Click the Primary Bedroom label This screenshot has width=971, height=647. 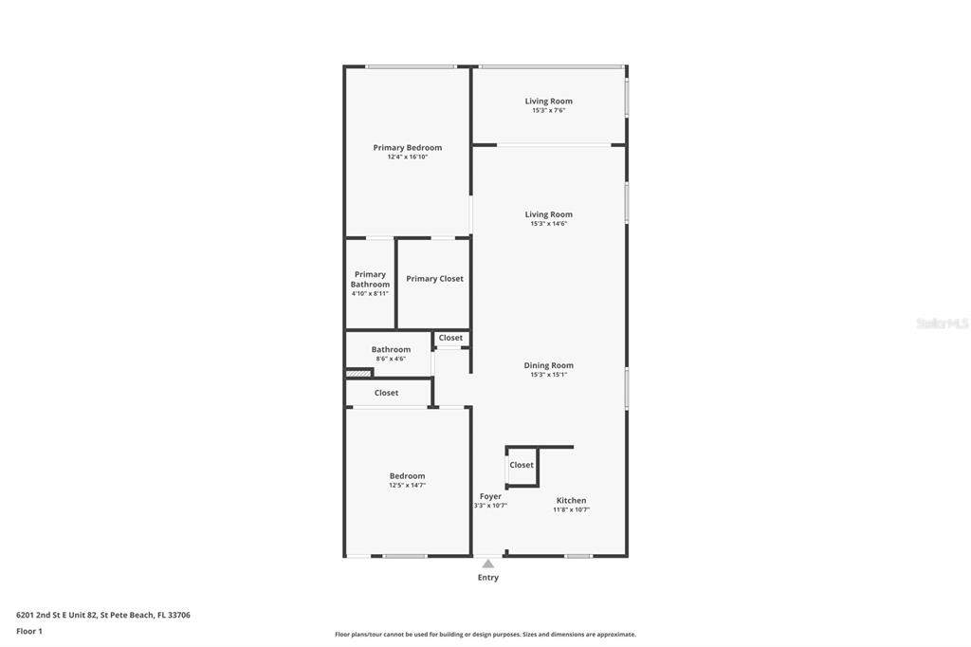click(x=408, y=147)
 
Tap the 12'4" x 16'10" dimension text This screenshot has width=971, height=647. click(x=408, y=157)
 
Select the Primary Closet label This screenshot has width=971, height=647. click(x=434, y=279)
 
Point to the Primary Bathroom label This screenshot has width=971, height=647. click(x=371, y=279)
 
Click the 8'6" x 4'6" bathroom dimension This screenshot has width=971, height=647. click(x=391, y=359)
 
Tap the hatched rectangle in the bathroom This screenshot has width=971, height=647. click(x=357, y=373)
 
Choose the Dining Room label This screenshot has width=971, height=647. click(x=549, y=365)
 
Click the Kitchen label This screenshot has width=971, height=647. click(x=572, y=500)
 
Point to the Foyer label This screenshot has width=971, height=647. click(x=490, y=496)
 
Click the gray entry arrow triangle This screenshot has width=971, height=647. click(x=488, y=564)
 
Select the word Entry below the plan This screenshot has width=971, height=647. click(x=488, y=578)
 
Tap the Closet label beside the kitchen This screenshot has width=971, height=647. click(x=522, y=465)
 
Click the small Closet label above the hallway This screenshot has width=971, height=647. click(x=450, y=338)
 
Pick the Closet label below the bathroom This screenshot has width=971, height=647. click(x=387, y=393)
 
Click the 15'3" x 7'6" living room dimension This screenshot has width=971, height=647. click(x=549, y=110)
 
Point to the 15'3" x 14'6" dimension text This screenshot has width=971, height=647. click(x=549, y=224)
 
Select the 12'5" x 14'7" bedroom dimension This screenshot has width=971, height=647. click(x=408, y=486)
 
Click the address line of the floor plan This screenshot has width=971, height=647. click(x=103, y=616)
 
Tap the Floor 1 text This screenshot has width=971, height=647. click(x=29, y=632)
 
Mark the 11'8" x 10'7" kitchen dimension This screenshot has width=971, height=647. click(x=572, y=509)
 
